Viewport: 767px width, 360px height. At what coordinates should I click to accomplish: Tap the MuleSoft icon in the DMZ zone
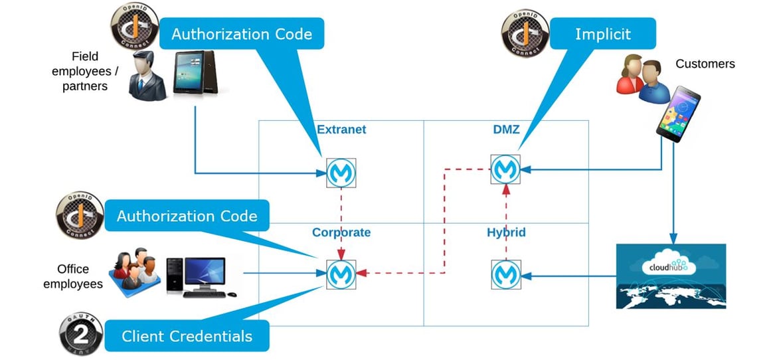[x=505, y=169]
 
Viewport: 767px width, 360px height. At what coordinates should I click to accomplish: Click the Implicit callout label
[x=604, y=35]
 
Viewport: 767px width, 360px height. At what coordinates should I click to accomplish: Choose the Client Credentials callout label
[x=187, y=336]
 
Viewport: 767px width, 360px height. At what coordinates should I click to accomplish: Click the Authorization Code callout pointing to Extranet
[x=241, y=34]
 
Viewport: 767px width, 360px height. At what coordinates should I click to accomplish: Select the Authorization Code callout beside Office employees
[x=187, y=216]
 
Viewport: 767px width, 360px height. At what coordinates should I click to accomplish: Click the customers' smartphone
[x=677, y=113]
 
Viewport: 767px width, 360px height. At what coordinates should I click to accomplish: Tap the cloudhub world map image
[x=671, y=276]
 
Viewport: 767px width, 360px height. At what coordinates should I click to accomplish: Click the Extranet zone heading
[x=341, y=130]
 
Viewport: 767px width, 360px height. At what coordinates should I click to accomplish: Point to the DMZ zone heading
[x=506, y=130]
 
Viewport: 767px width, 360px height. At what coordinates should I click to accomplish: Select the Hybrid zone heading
[x=506, y=232]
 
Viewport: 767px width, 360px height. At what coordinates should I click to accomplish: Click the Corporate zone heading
[x=341, y=232]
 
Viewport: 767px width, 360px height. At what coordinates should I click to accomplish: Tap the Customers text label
[x=705, y=64]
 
